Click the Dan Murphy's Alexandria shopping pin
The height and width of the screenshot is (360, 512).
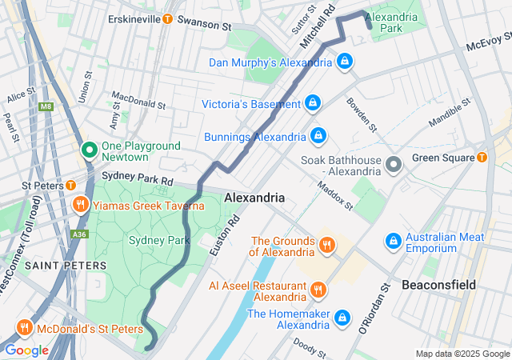point(344,61)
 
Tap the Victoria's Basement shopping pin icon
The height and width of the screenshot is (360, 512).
point(314,102)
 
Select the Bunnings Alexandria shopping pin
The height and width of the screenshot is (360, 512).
point(318,135)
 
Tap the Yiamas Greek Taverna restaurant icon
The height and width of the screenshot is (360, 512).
point(81,205)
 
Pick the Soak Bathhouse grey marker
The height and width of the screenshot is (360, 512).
point(393,165)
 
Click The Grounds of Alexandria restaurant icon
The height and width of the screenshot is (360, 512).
point(326,244)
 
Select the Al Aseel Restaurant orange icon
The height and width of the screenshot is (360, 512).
point(318,289)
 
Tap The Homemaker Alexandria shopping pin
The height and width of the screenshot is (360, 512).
point(342,317)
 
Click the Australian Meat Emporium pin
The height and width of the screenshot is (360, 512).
point(393,239)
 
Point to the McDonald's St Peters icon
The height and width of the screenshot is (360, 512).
point(25,327)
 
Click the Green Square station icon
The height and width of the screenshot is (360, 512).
point(482,158)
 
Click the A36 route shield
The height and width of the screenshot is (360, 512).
point(78,234)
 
